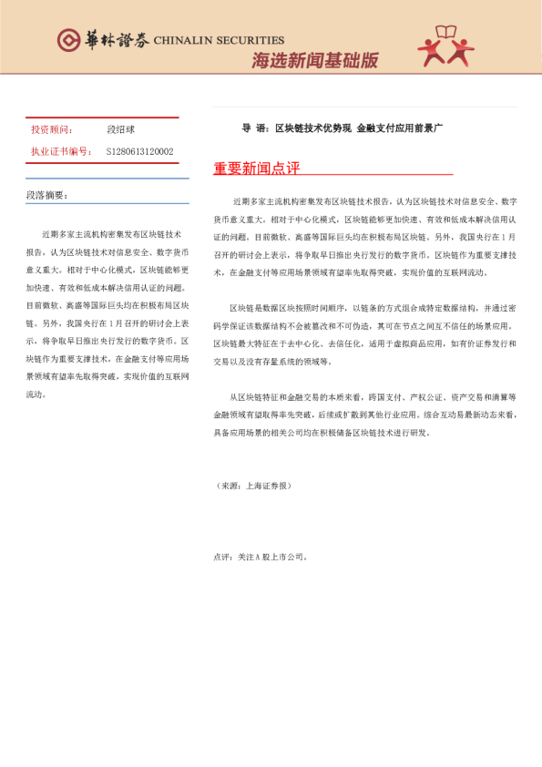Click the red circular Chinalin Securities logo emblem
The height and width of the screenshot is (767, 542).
[x=68, y=39]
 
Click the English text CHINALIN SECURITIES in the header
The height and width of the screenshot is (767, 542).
[x=219, y=40]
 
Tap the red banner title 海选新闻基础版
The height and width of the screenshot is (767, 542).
[x=314, y=61]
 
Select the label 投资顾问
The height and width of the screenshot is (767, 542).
[x=51, y=130]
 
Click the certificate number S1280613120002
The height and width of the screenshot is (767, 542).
[x=139, y=151]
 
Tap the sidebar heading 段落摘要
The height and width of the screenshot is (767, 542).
[x=46, y=195]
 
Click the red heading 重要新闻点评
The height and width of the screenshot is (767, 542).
[x=256, y=169]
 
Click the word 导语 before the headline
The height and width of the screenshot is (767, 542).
[x=254, y=128]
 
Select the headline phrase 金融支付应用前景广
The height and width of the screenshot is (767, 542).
[x=400, y=128]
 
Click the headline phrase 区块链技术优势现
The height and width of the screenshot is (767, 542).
[x=312, y=128]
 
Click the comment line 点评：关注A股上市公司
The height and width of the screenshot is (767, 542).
[x=261, y=556]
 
